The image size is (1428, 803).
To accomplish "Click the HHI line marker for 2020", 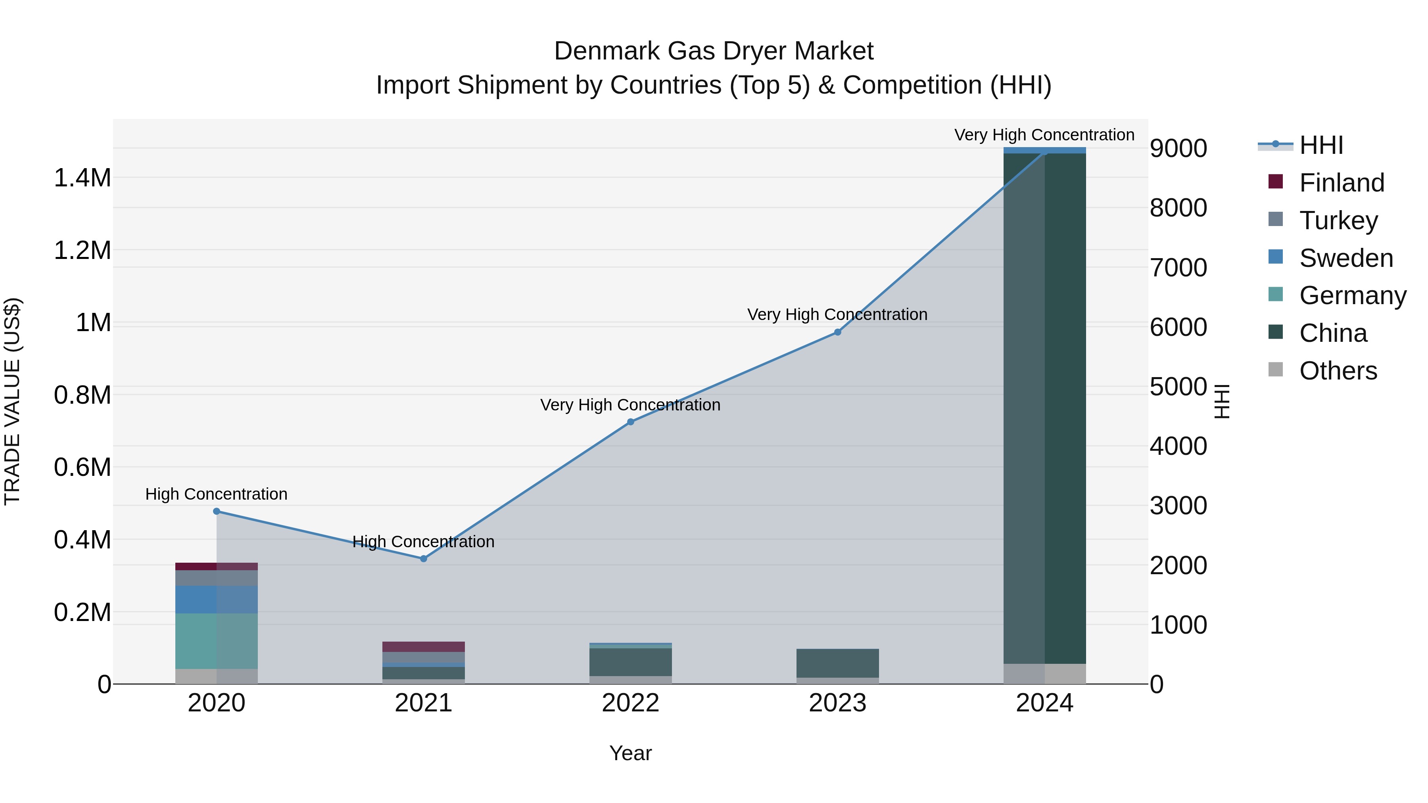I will point(216,511).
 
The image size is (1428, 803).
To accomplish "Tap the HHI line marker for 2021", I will point(424,559).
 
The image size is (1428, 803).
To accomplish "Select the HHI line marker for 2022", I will point(630,422).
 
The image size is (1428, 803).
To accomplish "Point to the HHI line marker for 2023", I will point(838,332).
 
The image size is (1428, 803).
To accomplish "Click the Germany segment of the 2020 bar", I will point(216,641).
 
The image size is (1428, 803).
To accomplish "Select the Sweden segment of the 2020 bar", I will point(216,599).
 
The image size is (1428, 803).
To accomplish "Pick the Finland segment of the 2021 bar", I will point(424,646).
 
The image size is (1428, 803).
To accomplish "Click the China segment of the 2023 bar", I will point(838,663).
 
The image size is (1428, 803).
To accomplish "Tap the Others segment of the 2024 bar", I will point(1044,673).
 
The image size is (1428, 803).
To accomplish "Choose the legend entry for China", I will point(1333,333).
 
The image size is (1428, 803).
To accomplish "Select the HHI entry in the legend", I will point(1321,145).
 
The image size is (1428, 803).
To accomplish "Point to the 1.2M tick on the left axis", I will point(82,251).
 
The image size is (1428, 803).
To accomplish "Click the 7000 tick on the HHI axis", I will point(1178,268).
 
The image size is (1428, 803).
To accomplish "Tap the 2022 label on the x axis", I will point(630,703).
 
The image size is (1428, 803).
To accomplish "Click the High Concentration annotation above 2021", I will point(424,541).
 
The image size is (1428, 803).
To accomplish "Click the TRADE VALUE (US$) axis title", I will point(12,401).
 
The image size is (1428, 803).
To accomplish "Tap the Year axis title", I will point(630,753).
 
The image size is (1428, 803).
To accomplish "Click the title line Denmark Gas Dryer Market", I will point(714,51).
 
